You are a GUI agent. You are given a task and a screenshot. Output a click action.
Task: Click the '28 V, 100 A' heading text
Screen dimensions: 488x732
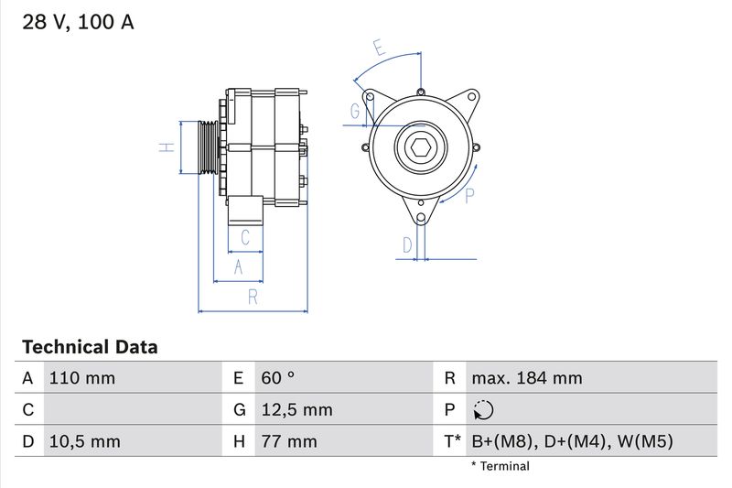78,23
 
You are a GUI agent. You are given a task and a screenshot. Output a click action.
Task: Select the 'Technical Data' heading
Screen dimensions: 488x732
90,347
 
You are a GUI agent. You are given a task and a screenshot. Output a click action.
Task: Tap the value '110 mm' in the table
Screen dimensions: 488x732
81,378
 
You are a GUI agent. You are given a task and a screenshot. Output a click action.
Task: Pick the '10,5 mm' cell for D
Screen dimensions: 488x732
83,442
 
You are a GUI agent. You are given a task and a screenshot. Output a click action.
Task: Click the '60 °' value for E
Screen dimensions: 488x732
277,378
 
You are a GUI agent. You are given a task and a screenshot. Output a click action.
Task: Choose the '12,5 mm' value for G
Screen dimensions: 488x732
296,410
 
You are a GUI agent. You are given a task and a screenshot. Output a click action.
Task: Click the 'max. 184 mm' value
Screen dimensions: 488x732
526,378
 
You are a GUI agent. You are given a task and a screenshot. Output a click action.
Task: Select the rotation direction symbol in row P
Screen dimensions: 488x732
483,410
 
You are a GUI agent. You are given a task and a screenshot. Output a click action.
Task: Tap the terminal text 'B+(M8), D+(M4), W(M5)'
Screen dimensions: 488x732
572,442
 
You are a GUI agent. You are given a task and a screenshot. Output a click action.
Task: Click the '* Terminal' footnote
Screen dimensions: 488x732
500,466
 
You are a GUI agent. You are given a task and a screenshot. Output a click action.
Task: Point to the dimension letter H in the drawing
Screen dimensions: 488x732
167,147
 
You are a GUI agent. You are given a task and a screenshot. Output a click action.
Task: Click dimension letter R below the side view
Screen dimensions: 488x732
253,297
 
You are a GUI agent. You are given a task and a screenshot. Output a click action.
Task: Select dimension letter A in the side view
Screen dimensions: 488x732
238,266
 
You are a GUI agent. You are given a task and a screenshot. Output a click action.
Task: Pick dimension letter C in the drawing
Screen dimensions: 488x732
245,238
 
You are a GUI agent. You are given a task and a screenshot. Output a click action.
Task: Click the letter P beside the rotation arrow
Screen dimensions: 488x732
468,194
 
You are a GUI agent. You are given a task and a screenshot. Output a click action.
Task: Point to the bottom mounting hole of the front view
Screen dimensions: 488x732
420,218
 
